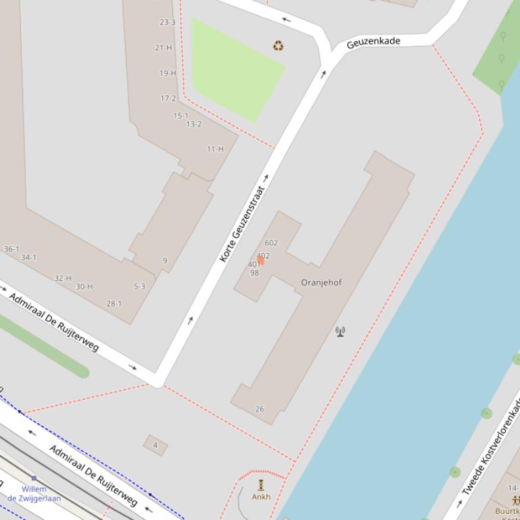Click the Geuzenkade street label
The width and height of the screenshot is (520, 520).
pos(373,43)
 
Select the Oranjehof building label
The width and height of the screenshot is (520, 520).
pos(321,282)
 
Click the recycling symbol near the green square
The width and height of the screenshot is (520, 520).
pos(278,46)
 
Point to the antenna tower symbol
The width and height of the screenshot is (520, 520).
pos(340,331)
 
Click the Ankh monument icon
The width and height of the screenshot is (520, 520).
pos(261,485)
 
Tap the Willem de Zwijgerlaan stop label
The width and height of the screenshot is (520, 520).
pos(34,494)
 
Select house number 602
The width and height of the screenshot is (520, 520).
pos(271,243)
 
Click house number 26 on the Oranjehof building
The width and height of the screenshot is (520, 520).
pos(260,409)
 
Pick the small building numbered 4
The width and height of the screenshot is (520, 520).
pos(156,445)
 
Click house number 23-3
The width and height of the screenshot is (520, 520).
pos(167,22)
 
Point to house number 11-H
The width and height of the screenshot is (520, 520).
pos(215,149)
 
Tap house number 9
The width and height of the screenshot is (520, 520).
pos(164,261)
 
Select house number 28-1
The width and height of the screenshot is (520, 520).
pos(114,304)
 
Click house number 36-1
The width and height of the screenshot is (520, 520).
pos(11,249)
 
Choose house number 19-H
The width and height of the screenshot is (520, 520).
pos(168,73)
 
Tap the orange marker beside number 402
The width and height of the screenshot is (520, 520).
pos(260,261)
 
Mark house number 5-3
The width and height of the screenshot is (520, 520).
pos(139,286)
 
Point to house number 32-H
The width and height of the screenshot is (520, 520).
pos(63,278)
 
